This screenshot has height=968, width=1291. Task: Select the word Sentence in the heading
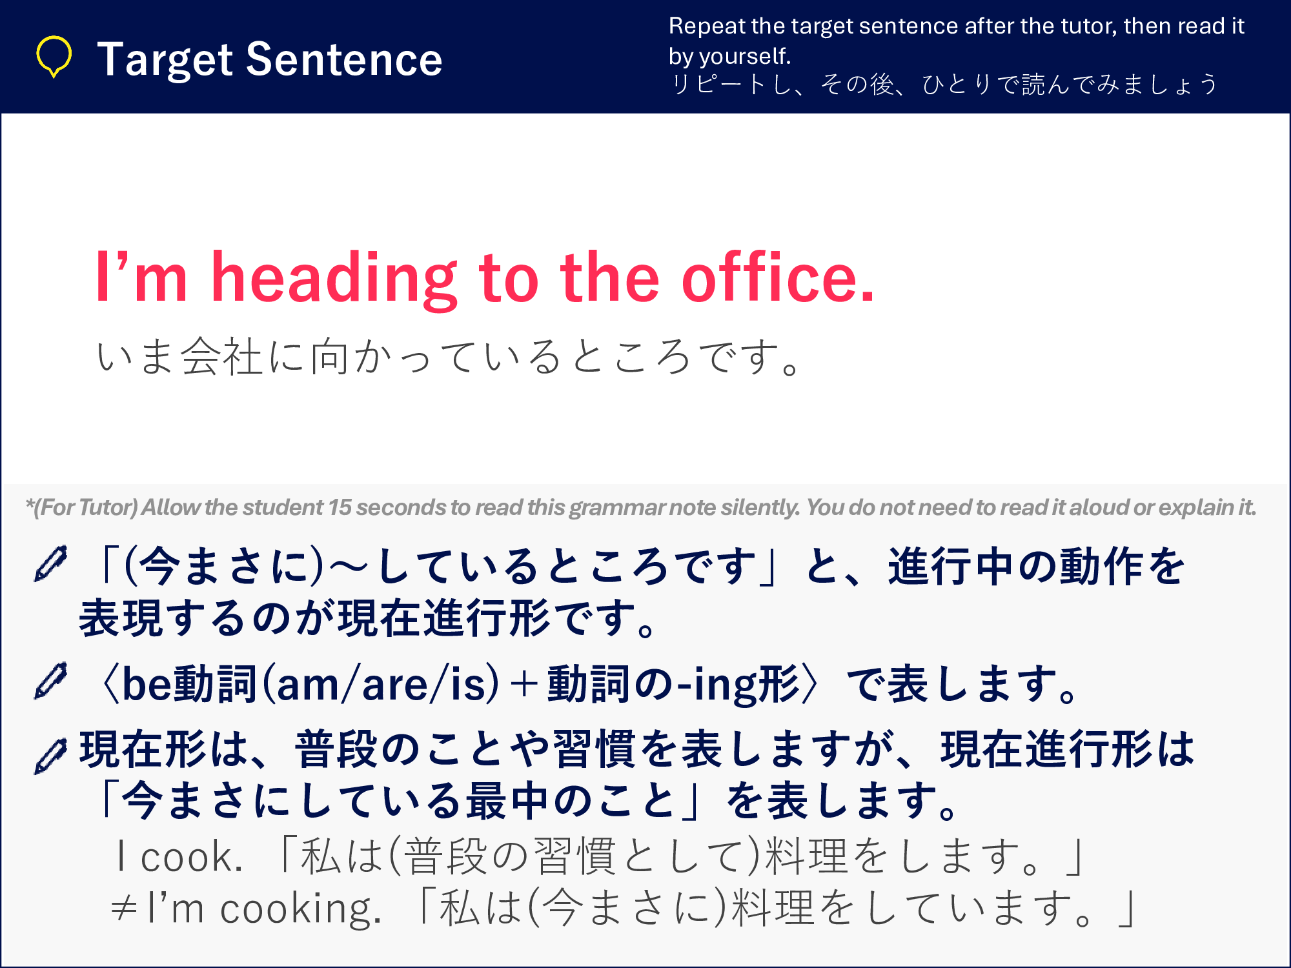[x=345, y=59]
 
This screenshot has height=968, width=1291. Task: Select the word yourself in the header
[x=745, y=56]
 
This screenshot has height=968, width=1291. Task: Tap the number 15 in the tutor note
[x=340, y=507]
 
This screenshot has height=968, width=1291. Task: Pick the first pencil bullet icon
[x=50, y=564]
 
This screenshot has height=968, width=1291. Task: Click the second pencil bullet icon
[x=50, y=681]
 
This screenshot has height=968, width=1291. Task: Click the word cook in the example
[x=191, y=858]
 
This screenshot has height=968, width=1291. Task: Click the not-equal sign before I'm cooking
[x=123, y=909]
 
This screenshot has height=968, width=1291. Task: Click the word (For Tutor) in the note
[x=85, y=508]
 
